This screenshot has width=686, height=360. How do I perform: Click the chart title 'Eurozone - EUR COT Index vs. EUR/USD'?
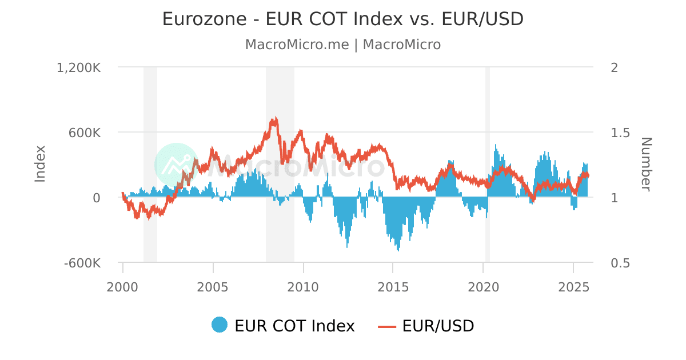[x=343, y=19]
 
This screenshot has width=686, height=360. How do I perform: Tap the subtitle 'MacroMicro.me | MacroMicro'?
[x=343, y=45]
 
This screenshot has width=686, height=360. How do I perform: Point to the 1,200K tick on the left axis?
[x=79, y=67]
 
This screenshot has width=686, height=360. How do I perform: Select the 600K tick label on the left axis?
[x=85, y=133]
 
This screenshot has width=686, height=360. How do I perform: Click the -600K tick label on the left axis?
[x=83, y=263]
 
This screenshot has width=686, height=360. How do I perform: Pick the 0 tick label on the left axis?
[x=97, y=198]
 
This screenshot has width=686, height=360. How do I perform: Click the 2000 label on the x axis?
[x=123, y=286]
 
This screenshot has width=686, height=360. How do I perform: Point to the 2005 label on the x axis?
[x=213, y=286]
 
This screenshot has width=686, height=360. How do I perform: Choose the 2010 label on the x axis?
[x=303, y=286]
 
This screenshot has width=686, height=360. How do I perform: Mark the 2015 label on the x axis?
[x=393, y=286]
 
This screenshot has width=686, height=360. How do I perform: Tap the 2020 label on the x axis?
[x=484, y=286]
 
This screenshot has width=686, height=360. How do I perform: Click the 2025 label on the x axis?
[x=573, y=286]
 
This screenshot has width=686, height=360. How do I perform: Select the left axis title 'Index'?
[x=40, y=164]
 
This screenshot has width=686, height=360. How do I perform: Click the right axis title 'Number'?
[x=645, y=164]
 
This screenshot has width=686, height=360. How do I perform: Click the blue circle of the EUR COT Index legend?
[x=220, y=325]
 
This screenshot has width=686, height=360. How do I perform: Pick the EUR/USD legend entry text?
[x=438, y=326]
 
